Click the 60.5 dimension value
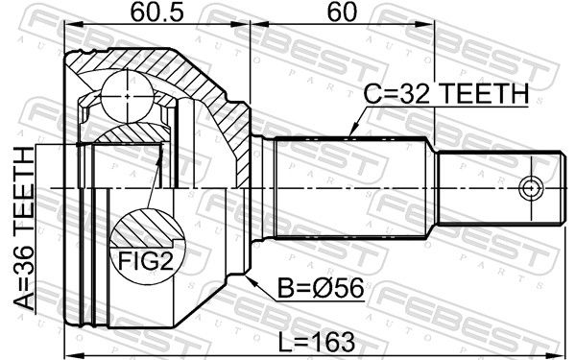point(156,12)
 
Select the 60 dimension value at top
point(342,12)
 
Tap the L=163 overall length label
point(316,342)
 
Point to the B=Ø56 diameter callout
point(321,288)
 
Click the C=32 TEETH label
point(446,93)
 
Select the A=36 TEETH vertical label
point(24,228)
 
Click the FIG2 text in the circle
point(146,260)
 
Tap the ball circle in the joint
point(127,96)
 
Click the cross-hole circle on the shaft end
point(531,189)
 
